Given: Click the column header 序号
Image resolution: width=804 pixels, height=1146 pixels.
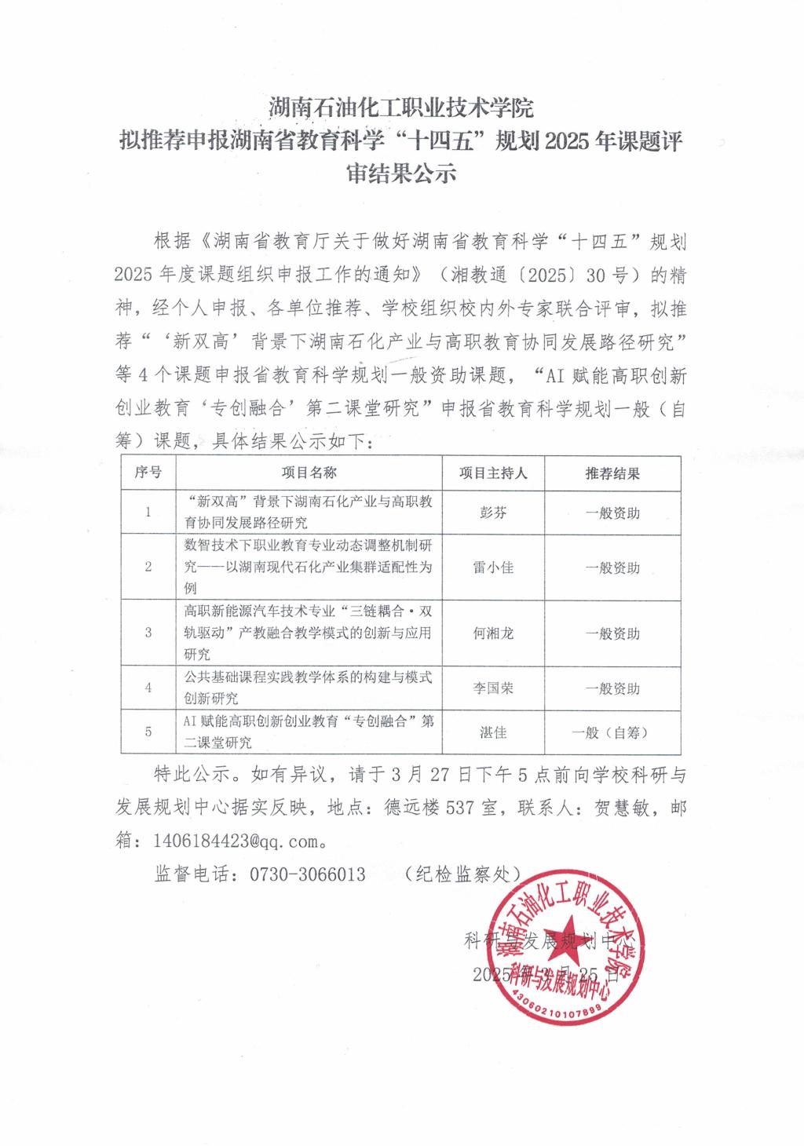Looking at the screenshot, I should click(x=148, y=473).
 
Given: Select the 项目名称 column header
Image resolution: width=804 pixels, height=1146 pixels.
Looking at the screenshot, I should click(x=309, y=473).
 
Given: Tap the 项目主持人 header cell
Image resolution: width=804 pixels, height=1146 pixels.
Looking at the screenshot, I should click(x=493, y=473).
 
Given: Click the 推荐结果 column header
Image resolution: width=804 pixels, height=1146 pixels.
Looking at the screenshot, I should click(x=612, y=473).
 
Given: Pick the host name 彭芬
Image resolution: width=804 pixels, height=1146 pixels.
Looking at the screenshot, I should click(x=493, y=513).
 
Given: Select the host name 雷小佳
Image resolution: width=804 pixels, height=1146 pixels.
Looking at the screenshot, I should click(x=493, y=567).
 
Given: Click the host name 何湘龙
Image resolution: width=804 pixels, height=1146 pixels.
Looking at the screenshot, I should click(x=493, y=633).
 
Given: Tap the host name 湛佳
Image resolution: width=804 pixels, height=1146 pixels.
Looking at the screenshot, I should click(x=493, y=732).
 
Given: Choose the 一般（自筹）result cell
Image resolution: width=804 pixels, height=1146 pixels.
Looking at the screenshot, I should click(x=612, y=732).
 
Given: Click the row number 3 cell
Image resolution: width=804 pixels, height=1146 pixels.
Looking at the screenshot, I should click(x=148, y=633).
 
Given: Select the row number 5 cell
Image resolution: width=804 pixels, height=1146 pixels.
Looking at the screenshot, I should click(x=148, y=732).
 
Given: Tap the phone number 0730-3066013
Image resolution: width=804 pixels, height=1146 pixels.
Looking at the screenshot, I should click(x=307, y=874).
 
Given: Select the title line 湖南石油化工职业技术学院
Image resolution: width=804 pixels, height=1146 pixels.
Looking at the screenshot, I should click(x=401, y=105).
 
